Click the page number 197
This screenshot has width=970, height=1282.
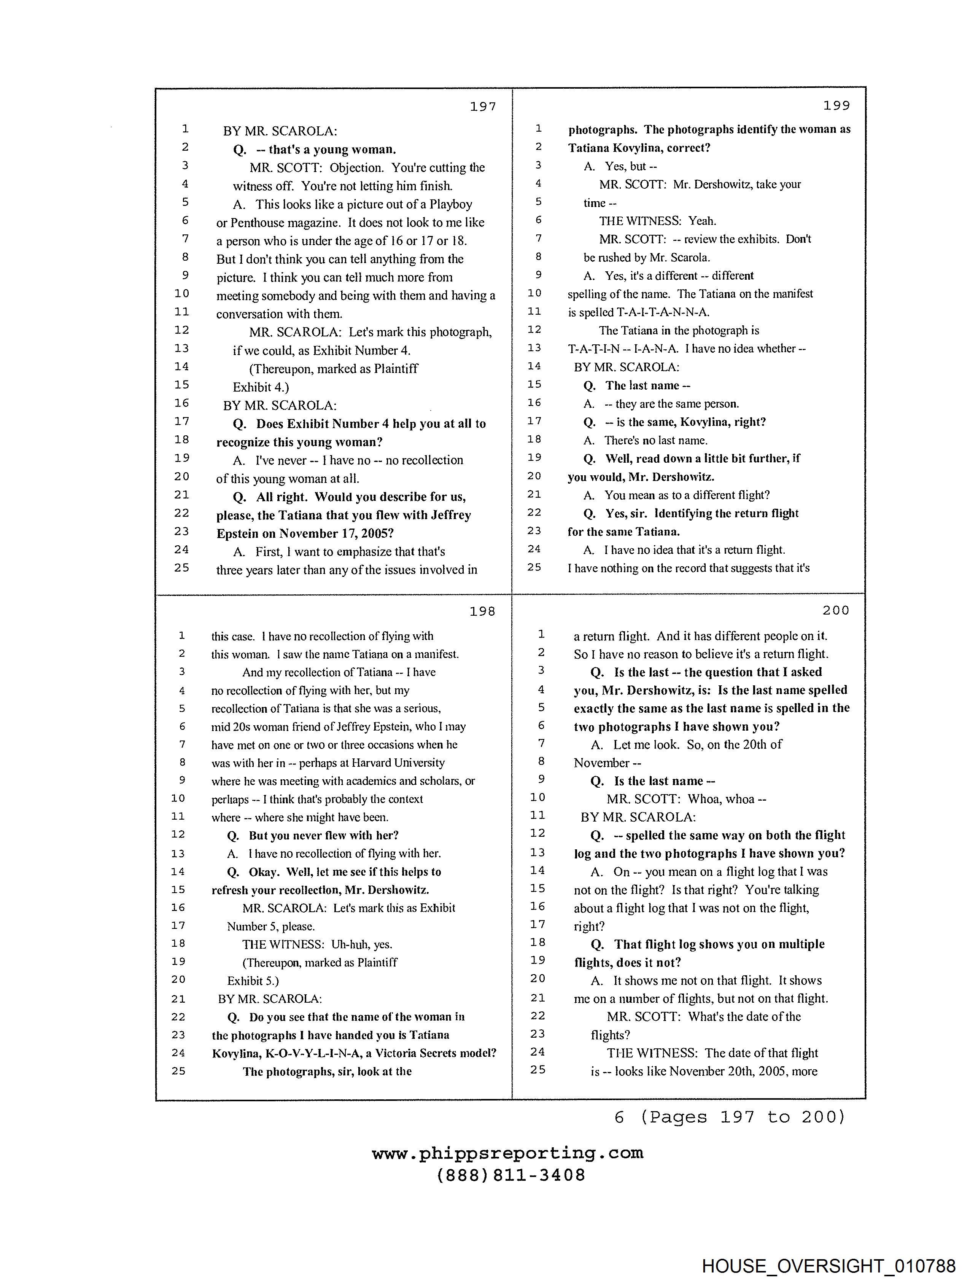(x=483, y=107)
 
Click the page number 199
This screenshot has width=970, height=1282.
(x=836, y=105)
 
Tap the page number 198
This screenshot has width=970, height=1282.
(x=482, y=612)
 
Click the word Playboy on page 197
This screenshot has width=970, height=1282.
(x=450, y=205)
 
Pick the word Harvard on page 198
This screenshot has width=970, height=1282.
(x=374, y=763)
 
